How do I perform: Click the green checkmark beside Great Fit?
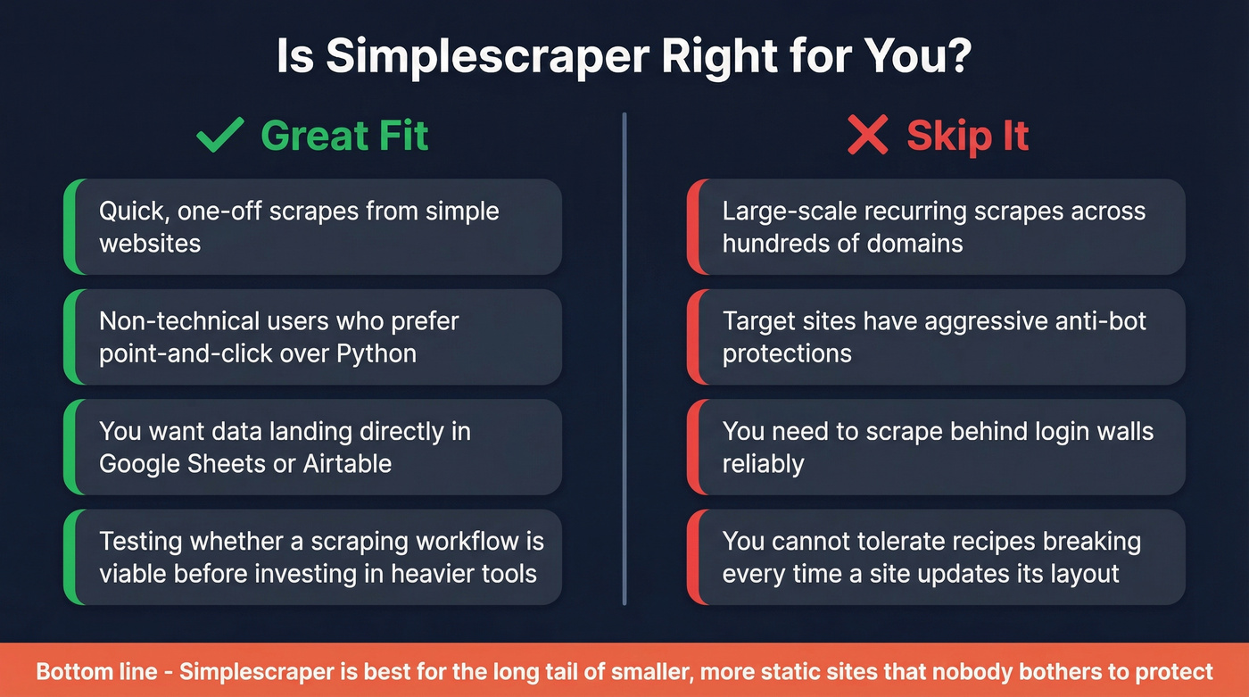219,135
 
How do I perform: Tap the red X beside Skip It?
867,136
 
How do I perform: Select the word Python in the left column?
376,353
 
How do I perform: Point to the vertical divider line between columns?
624,357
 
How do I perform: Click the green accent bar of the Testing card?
69,557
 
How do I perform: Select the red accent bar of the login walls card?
692,447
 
